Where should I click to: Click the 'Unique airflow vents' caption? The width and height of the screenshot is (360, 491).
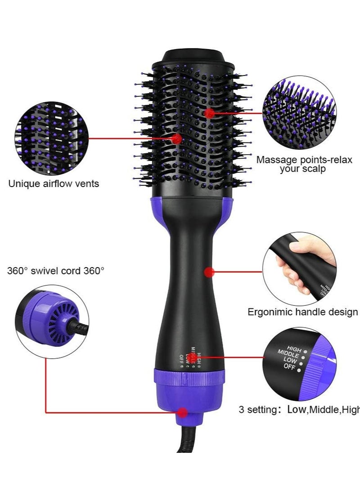click(54, 183)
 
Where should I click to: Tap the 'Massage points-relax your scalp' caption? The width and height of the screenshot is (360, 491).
click(304, 164)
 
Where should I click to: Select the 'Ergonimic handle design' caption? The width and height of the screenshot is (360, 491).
click(302, 312)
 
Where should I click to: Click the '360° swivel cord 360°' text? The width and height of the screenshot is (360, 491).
click(55, 271)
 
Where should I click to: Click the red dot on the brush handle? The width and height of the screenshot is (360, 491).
click(208, 272)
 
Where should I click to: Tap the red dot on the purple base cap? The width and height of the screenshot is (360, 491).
click(182, 411)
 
